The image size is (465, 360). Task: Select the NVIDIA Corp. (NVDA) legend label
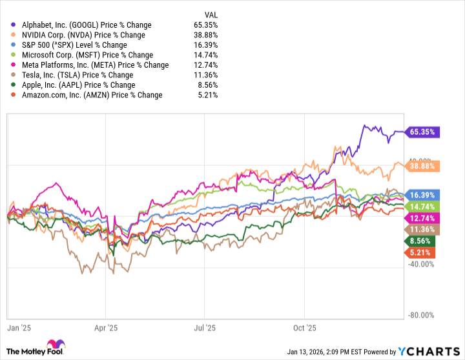pyautogui.click(x=85, y=35)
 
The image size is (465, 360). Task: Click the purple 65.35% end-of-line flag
pyautogui.click(x=421, y=132)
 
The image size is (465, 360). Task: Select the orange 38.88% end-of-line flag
pyautogui.click(x=421, y=166)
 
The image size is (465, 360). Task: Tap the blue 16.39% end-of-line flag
pyautogui.click(x=421, y=194)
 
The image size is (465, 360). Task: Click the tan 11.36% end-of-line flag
pyautogui.click(x=421, y=229)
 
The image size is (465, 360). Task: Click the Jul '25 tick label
pyautogui.click(x=205, y=328)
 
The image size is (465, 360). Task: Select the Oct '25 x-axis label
pyautogui.click(x=304, y=328)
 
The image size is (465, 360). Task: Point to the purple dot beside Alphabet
pyautogui.click(x=14, y=25)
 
